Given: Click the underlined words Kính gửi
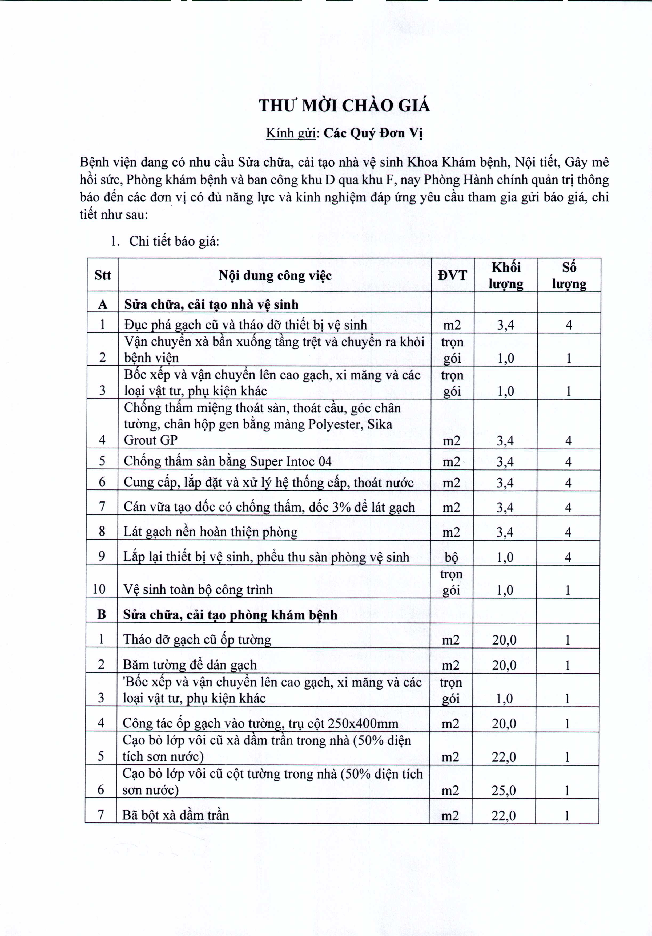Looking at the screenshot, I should click(291, 133).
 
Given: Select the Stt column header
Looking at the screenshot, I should click(102, 275).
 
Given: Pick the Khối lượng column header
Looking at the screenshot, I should click(506, 275).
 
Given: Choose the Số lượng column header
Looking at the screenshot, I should click(569, 275).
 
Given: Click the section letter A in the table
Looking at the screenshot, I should click(103, 305).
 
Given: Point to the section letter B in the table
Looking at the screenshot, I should click(102, 614).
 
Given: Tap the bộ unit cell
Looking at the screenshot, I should click(451, 557).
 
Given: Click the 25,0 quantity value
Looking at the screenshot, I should click(504, 791).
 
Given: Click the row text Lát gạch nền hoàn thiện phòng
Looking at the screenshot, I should click(210, 532).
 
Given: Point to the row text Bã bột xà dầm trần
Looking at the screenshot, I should click(176, 815).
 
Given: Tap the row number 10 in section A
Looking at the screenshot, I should click(99, 589).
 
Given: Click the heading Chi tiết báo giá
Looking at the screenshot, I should click(174, 241).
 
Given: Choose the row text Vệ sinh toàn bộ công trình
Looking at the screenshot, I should click(198, 589).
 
